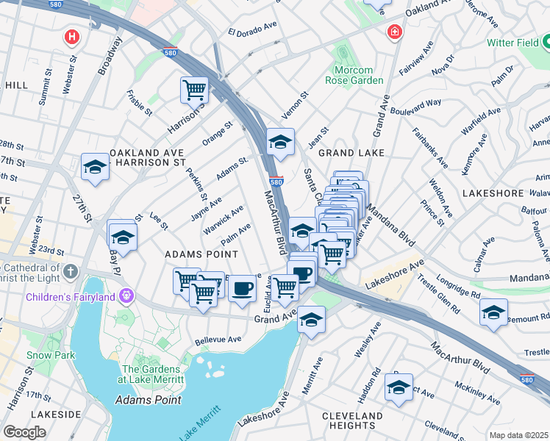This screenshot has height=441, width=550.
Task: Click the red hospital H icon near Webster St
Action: pos(71,36)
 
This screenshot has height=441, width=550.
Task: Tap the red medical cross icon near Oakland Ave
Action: pos(395,33)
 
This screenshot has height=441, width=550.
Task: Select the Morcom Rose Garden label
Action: pos(354,75)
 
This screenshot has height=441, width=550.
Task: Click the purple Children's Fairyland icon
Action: pos(127,296)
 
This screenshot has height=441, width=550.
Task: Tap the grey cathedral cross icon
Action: pos(70,272)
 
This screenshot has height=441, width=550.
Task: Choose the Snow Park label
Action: pos(41,355)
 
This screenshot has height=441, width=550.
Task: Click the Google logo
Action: pos(24,432)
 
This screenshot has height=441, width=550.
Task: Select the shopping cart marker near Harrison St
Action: pos(194,90)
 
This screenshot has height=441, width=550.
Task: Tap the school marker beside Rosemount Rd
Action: pos(493,312)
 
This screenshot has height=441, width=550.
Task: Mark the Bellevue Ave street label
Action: pos(218,341)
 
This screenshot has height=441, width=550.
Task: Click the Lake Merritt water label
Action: pos(199,425)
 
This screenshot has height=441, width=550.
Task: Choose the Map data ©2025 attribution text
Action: pos(518,435)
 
